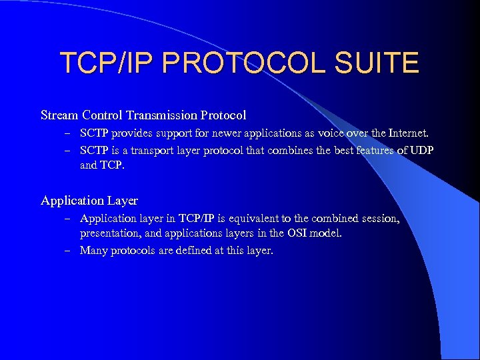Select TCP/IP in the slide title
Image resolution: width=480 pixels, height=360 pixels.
105,63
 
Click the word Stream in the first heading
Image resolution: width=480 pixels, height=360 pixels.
59,115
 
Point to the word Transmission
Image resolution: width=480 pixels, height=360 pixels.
162,115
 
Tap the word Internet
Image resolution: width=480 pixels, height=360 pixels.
406,133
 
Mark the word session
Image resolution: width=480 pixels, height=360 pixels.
380,218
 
